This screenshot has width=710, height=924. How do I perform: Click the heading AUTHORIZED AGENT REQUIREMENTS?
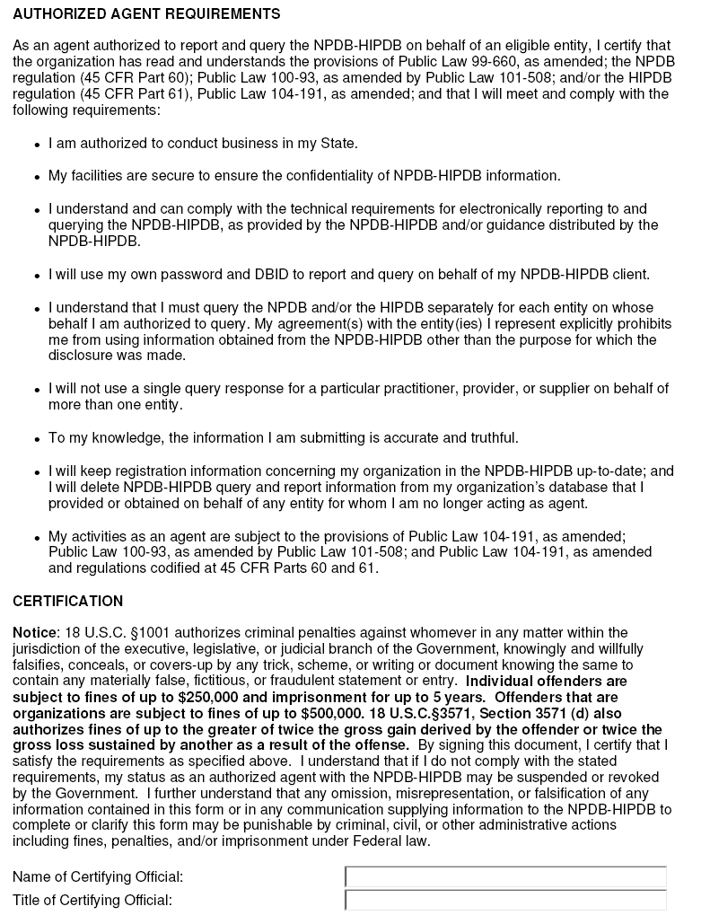[x=146, y=14]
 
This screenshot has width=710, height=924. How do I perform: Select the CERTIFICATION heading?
[x=67, y=601]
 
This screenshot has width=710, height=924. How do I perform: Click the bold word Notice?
[x=34, y=633]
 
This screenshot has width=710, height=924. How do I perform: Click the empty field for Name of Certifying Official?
[x=505, y=876]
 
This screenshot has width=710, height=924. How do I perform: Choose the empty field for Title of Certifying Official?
[x=505, y=900]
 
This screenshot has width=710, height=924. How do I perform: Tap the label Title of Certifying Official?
[x=92, y=900]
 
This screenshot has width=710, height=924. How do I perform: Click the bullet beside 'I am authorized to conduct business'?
[x=37, y=145]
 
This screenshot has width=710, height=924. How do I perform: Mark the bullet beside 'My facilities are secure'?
[x=37, y=177]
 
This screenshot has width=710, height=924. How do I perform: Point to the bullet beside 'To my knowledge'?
[x=37, y=439]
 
